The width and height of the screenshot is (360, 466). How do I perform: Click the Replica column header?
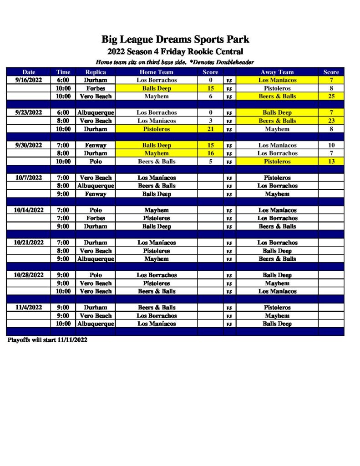pos(96,72)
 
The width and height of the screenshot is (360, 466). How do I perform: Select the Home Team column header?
pos(156,72)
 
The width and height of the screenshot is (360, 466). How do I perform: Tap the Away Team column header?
pos(277,72)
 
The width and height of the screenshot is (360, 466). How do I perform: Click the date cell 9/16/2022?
pos(29,80)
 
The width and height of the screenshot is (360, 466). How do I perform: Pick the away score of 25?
pos(331,96)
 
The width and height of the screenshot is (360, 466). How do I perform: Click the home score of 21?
pos(210,129)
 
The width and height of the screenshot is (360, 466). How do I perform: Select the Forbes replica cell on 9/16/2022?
pos(96,88)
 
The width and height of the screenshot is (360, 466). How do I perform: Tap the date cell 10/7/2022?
pos(29,177)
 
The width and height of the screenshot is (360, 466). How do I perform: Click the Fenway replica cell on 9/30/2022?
pos(96,145)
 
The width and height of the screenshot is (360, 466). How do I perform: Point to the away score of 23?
pos(331,121)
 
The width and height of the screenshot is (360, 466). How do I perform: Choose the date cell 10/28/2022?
pos(29,275)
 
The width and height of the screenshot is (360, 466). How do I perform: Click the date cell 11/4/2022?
pos(29,308)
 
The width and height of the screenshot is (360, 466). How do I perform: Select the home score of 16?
pos(210,153)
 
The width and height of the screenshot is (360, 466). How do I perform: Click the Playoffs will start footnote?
pos(47,340)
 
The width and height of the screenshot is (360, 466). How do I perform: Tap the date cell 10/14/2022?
pos(29,210)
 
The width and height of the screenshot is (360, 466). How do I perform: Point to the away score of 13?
pos(331,162)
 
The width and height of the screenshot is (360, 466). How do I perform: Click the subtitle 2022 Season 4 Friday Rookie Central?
pos(175,51)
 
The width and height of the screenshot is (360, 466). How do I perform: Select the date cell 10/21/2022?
pos(29,243)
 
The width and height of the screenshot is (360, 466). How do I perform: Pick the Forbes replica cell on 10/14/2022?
pos(96,218)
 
